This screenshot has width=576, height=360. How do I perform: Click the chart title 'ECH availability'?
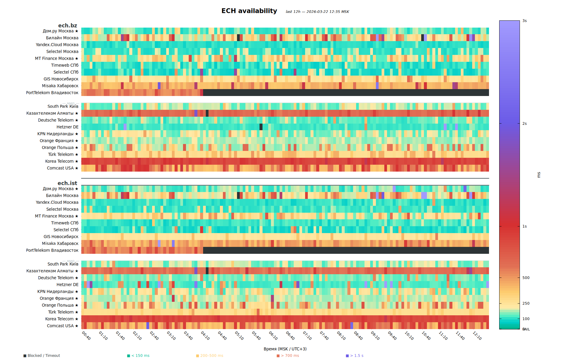point(249,11)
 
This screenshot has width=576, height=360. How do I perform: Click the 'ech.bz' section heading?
point(67,25)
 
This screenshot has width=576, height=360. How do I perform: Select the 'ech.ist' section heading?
point(67,183)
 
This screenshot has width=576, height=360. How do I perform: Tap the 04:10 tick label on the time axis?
point(205,336)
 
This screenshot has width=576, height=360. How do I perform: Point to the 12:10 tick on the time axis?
point(477,336)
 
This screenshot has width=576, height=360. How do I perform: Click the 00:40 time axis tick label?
point(86,336)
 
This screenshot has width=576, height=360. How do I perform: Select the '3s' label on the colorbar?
point(524,21)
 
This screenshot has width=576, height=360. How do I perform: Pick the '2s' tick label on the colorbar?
point(524,124)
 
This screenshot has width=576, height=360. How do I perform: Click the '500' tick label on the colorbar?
point(526,278)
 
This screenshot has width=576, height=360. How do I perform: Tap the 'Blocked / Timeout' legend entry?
point(43,355)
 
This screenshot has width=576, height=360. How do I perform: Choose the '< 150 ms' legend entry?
point(140,355)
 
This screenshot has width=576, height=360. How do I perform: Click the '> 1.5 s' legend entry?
point(356,355)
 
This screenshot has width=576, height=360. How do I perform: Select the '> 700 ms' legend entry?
point(290,355)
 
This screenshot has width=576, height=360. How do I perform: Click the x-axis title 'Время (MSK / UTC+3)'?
point(285,349)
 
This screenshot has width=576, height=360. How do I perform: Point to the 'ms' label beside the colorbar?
point(539,175)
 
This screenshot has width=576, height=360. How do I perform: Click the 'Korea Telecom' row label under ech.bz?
point(59,161)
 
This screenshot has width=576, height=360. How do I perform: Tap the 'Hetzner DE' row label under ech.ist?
point(67,285)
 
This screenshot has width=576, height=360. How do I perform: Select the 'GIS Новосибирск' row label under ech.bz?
point(61,79)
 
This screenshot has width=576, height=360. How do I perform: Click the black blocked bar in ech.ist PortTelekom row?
point(345,250)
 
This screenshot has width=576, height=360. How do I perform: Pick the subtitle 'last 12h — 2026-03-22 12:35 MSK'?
point(317,12)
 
